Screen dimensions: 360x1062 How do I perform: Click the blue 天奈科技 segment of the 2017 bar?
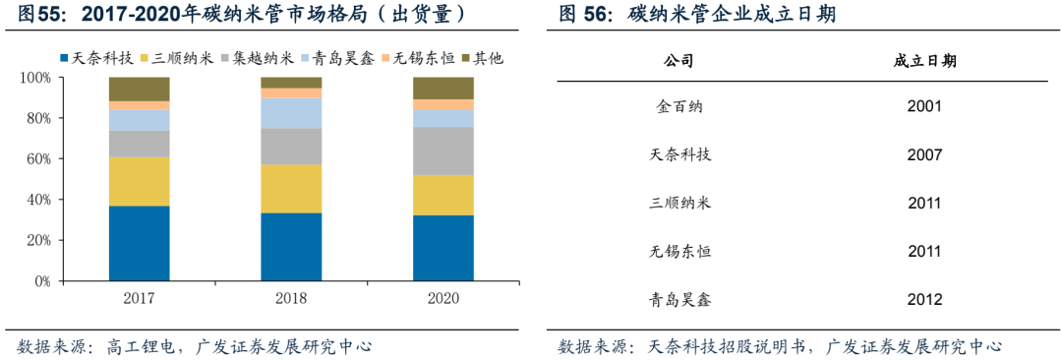(x=139, y=243)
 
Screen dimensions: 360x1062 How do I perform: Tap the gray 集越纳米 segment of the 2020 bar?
(x=442, y=150)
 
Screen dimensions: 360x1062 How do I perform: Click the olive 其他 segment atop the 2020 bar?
(x=442, y=88)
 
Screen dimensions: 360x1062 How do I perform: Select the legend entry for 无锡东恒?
(x=419, y=58)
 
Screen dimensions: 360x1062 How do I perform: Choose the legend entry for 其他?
(x=481, y=58)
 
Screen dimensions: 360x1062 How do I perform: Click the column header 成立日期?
(x=924, y=61)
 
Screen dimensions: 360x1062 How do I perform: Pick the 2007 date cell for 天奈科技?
(x=924, y=154)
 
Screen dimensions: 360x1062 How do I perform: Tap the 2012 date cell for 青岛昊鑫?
(x=924, y=300)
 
